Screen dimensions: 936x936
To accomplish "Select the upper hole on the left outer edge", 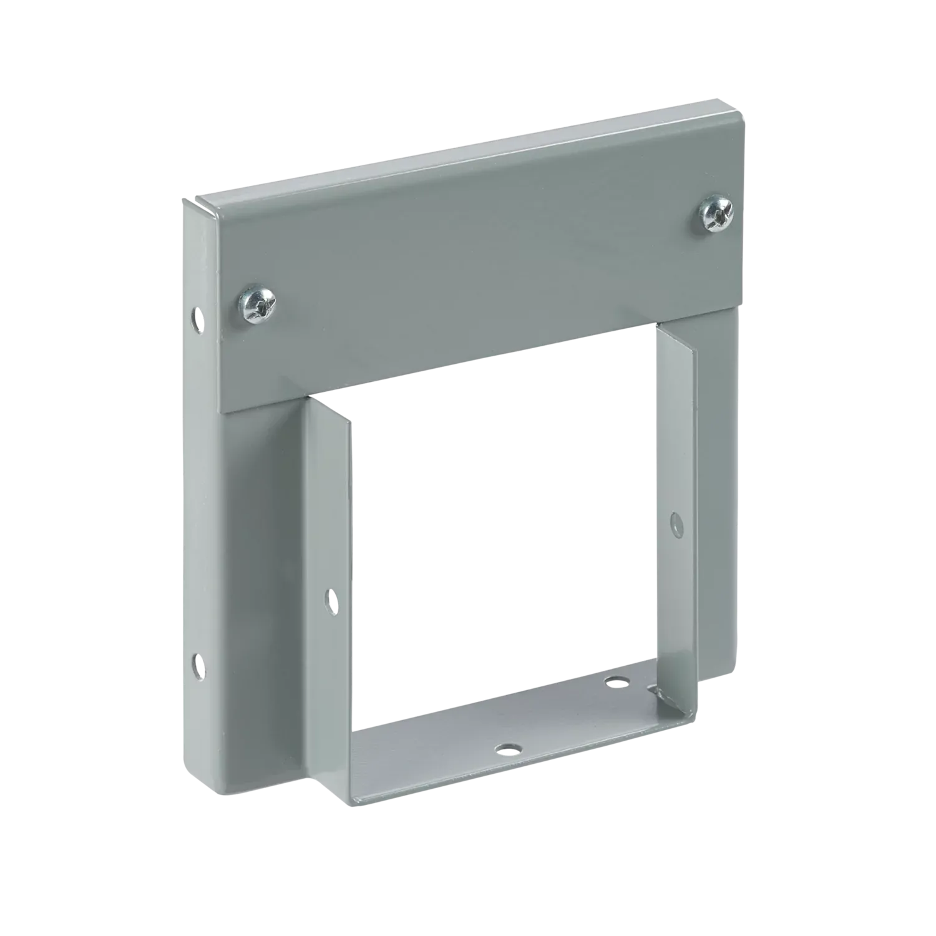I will tap(197, 318).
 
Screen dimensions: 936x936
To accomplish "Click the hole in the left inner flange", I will tap(331, 600).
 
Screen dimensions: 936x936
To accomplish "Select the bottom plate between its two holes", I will tap(562, 714).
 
